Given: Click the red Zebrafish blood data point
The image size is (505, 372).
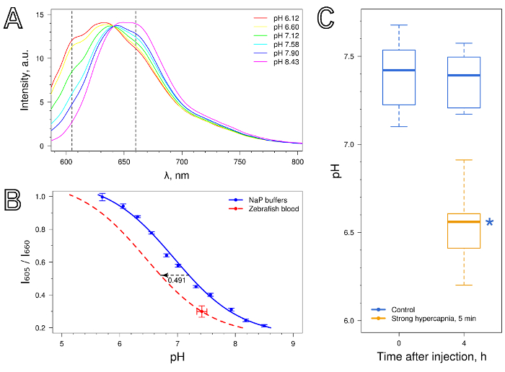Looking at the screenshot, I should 201,311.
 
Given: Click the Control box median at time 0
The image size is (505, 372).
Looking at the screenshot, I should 399,70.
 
